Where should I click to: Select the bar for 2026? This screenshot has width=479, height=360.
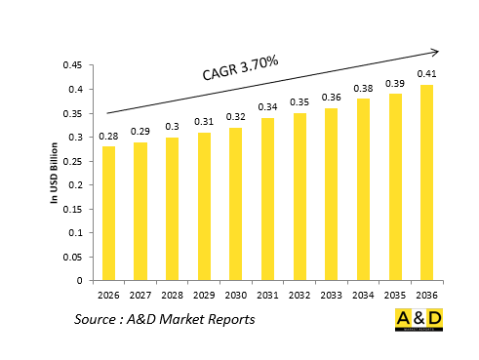pos(108,213)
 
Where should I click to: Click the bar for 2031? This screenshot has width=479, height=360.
pos(267,199)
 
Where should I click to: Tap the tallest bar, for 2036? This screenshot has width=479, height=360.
pos(426,182)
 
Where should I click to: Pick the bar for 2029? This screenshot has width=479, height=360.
pos(204,206)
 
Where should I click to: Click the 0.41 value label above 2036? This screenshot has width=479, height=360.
pos(426,73)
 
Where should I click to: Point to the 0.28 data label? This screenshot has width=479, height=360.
pos(108,136)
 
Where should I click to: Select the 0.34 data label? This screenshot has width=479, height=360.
pos(267,107)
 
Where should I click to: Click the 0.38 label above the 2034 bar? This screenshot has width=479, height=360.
pos(363,88)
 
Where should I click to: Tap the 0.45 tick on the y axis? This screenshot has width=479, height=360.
pos(71,65)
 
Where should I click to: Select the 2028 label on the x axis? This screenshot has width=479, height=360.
pos(172,295)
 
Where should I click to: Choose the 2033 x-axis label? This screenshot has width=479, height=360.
pos(331,295)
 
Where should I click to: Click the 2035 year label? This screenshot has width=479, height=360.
pos(394,295)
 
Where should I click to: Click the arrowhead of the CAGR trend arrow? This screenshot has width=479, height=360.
pos(435,52)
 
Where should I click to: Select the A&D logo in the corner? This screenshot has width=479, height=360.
pos(418,320)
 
